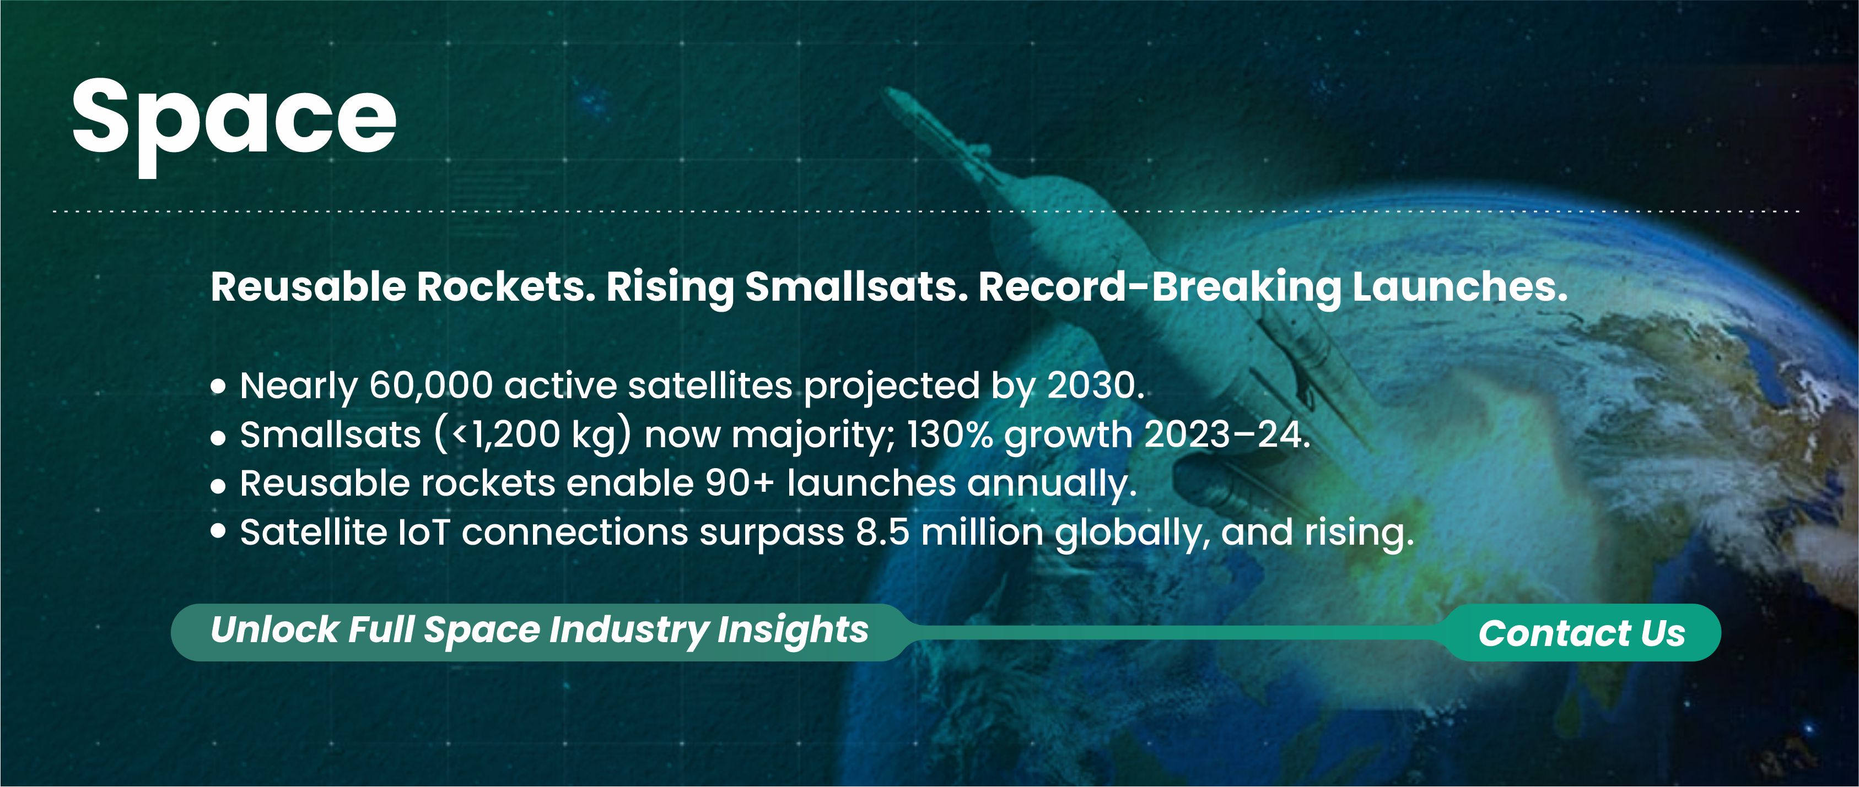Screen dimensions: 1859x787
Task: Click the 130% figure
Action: (x=949, y=435)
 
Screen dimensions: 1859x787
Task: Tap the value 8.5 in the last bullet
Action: (x=882, y=533)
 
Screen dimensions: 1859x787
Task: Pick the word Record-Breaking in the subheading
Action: (x=1160, y=287)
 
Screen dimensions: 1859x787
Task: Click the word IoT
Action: (x=424, y=533)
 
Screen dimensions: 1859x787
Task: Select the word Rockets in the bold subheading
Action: (x=506, y=287)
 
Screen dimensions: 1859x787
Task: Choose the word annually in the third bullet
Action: (x=1052, y=484)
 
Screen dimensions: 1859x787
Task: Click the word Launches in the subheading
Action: (x=1460, y=287)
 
